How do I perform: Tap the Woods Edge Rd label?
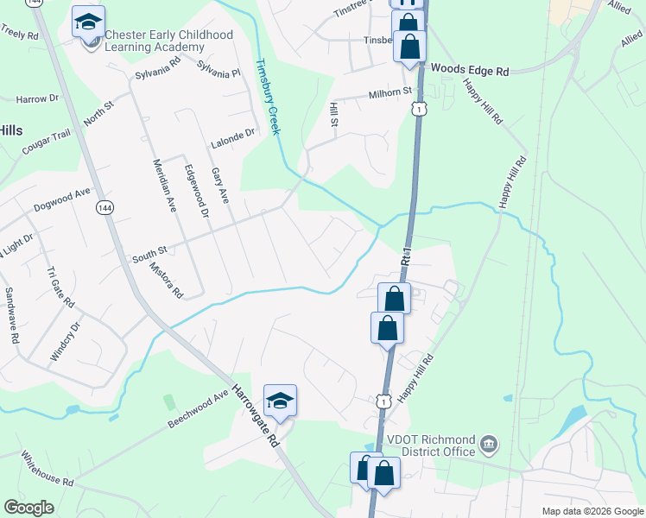tap(470, 68)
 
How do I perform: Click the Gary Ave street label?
tap(220, 185)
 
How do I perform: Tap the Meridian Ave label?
tap(165, 186)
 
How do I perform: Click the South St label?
tap(149, 256)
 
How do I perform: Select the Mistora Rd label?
tap(166, 281)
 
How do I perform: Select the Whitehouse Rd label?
tap(47, 468)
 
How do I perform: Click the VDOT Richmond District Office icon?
tap(488, 445)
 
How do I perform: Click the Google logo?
tap(28, 508)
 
